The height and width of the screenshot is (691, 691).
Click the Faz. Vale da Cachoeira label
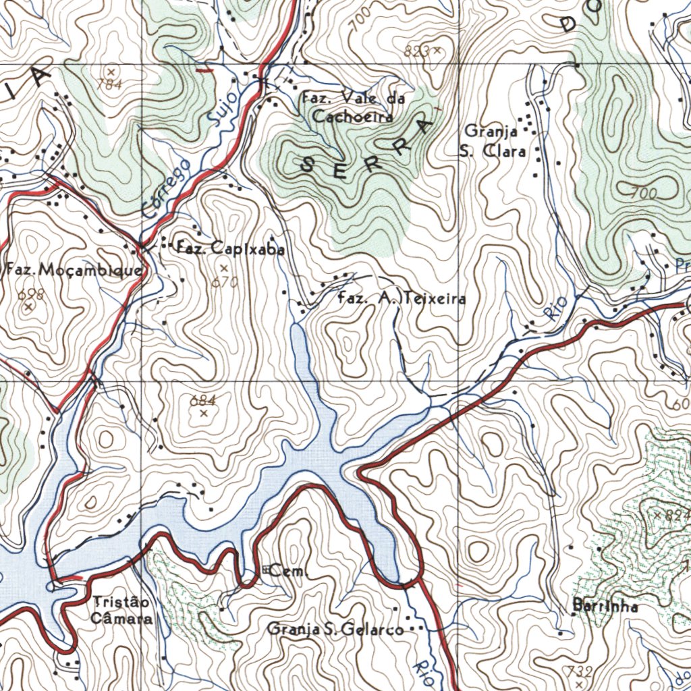point(353,107)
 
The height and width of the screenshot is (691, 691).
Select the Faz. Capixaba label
point(229,248)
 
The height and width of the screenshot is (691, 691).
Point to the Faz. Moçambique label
point(74,271)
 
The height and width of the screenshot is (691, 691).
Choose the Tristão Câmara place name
point(122,610)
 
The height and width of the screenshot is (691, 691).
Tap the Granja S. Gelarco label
point(335,630)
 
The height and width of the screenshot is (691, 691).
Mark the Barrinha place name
point(605,606)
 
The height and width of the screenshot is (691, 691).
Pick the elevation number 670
point(225,282)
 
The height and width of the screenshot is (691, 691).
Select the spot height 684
point(202,401)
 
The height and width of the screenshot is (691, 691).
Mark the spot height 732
point(579,671)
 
